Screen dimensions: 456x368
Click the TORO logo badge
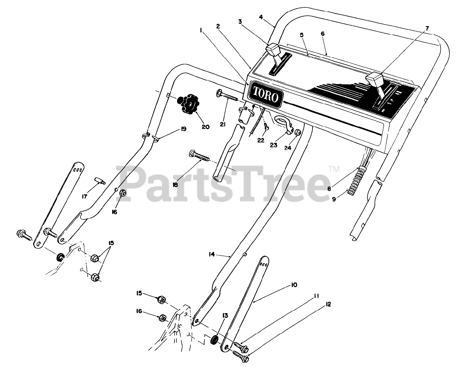265,93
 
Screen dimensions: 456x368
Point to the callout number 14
212,254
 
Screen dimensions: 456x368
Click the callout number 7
427,28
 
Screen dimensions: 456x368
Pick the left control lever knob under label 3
273,49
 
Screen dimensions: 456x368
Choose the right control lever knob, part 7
376,77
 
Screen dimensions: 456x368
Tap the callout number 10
294,285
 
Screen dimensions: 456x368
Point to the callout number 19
183,129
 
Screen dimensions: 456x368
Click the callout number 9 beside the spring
334,199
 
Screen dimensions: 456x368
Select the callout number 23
273,145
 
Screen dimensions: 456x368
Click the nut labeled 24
297,133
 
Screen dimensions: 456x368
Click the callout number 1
201,31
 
